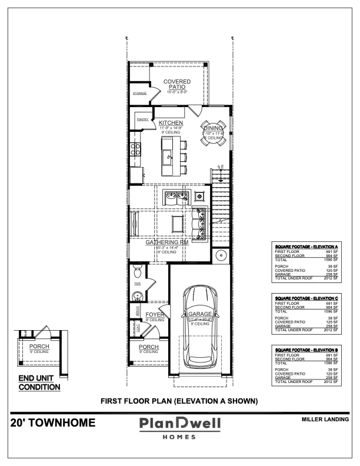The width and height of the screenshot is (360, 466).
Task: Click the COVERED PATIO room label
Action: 177,84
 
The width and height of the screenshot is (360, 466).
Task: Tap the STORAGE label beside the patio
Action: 139,94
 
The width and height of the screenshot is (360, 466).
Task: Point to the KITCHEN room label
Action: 171,123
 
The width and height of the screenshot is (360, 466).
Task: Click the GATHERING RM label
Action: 167,242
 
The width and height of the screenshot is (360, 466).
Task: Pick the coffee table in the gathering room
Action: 176,222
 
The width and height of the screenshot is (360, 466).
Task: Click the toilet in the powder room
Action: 136,271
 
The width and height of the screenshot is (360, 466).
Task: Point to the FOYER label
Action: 155,315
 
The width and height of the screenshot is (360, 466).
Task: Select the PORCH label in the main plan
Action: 149,347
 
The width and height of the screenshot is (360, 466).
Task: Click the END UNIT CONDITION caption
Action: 39,383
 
